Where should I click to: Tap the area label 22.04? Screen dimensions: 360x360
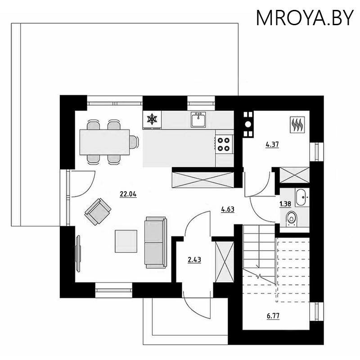coord(128,194)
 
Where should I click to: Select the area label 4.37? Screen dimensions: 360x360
coord(272,145)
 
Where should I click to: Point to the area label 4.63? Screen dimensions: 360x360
coord(228,209)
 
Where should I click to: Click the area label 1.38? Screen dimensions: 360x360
coord(284,204)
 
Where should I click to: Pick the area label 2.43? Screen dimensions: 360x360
coord(194,259)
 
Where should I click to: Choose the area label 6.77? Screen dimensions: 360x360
coord(272,316)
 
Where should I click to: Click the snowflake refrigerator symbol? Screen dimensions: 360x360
coord(153,119)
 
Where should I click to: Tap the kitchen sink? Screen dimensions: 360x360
coord(198,120)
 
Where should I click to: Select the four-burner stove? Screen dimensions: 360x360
coord(224,143)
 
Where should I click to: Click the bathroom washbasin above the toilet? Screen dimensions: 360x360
coord(301,196)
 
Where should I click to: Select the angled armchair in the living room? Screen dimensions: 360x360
coord(98,212)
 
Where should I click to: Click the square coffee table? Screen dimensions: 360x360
coord(126,241)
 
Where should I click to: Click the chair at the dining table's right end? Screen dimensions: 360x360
coord(134,142)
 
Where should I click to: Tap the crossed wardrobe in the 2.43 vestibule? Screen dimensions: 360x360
coord(224,261)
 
